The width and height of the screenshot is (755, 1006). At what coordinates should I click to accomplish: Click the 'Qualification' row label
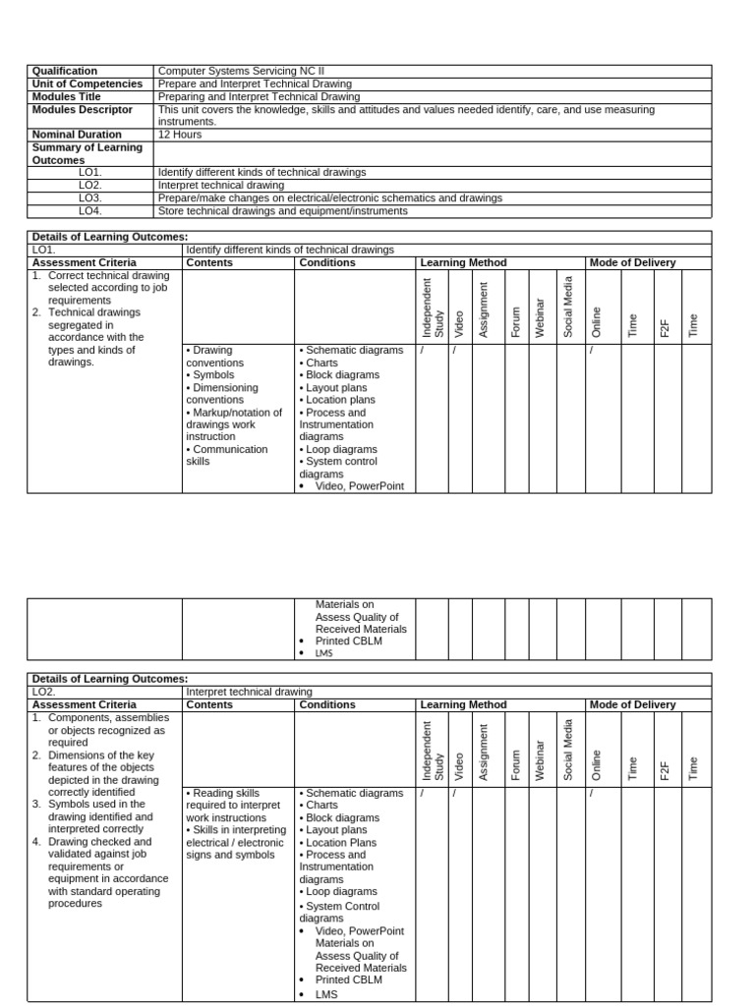click(65, 72)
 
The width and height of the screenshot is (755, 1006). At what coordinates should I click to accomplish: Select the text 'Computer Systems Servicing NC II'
click(241, 72)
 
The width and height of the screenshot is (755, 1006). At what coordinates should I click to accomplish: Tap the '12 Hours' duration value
click(181, 135)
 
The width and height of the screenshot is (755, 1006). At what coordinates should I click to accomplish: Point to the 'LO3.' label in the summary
click(90, 198)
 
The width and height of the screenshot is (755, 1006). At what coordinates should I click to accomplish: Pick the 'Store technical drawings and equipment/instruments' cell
click(283, 211)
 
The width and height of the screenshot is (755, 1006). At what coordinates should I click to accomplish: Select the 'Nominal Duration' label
click(78, 135)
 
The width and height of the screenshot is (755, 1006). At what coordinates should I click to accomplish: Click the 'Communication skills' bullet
click(226, 456)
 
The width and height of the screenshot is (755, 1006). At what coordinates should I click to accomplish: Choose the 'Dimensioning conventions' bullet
click(223, 394)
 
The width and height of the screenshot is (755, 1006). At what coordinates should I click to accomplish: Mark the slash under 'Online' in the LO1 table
click(592, 351)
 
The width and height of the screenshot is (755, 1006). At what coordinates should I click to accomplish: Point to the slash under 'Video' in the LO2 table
click(454, 794)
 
